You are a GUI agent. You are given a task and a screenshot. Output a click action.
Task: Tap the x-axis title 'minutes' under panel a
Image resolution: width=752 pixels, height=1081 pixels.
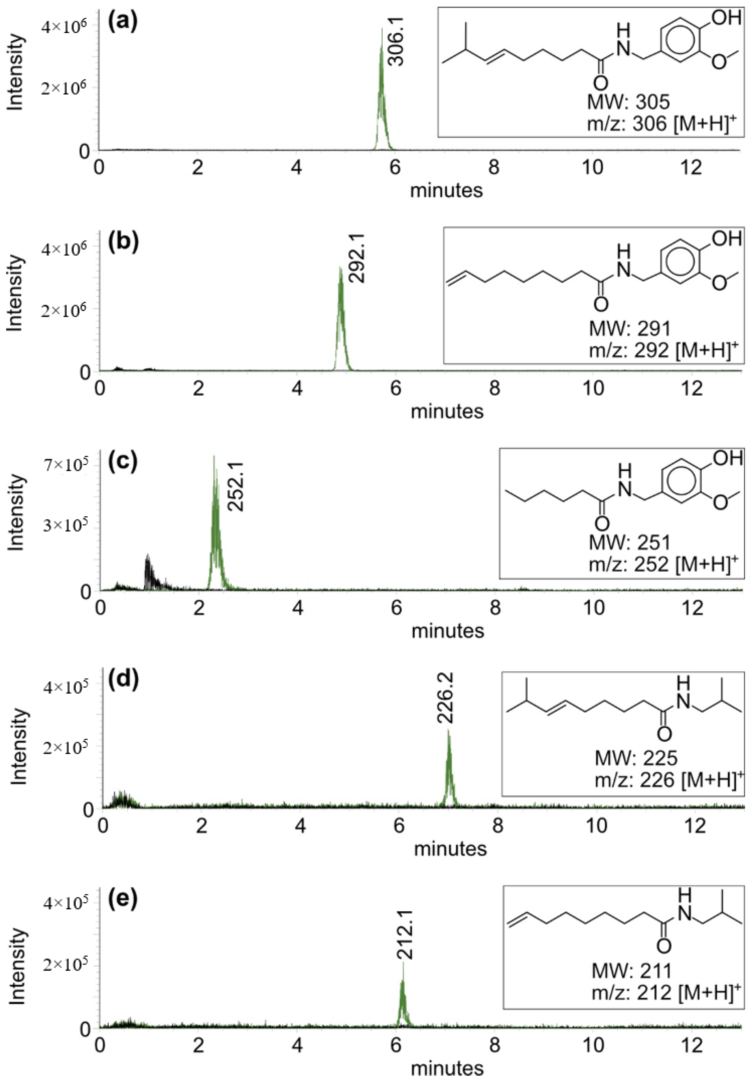point(446,191)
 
